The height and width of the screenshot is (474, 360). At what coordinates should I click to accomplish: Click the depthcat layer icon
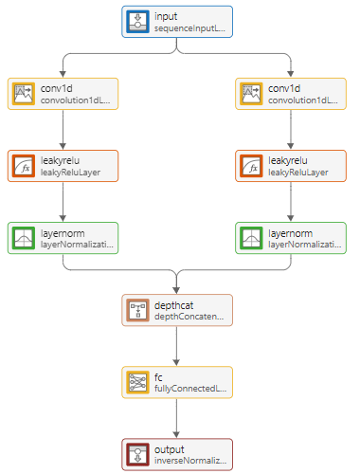pyautogui.click(x=138, y=310)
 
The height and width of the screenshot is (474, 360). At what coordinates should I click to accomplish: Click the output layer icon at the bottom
pyautogui.click(x=138, y=454)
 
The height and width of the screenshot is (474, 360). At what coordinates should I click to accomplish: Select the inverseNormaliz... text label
pyautogui.click(x=190, y=462)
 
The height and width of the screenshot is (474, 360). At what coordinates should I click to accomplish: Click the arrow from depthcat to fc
pyautogui.click(x=176, y=346)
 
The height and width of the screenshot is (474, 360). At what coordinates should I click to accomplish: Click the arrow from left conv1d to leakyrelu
pyautogui.click(x=63, y=129)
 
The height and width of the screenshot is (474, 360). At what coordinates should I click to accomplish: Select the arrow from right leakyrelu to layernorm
pyautogui.click(x=290, y=201)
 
